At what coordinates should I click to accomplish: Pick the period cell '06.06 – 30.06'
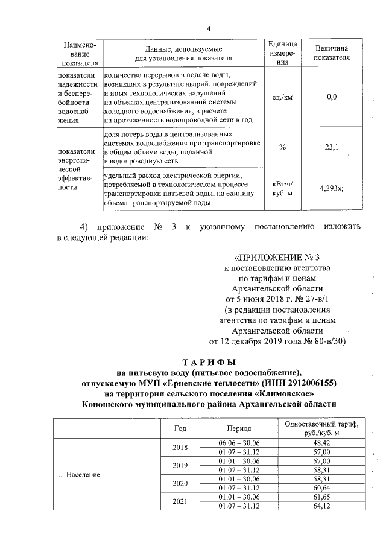point(239,442)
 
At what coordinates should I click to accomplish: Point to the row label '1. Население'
point(83,474)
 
